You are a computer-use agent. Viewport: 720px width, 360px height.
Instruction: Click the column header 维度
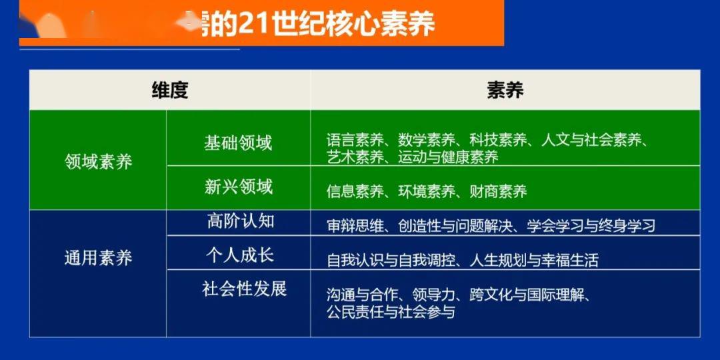[x=170, y=90]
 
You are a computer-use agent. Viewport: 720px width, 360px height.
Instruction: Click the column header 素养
[x=505, y=90]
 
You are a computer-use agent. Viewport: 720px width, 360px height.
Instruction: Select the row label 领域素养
[x=98, y=161]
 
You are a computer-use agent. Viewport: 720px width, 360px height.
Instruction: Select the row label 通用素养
[x=98, y=258]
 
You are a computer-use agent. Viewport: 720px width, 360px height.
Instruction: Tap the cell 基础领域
[x=238, y=143]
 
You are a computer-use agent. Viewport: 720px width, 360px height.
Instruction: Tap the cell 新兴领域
[x=238, y=187]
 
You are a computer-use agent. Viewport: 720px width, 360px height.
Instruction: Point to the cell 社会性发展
[x=244, y=289]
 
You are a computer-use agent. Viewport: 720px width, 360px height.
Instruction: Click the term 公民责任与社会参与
[x=391, y=311]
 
